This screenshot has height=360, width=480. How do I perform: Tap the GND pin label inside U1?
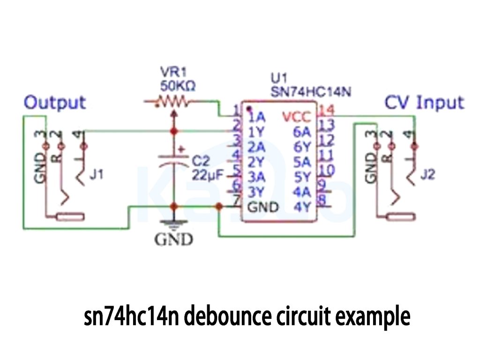pyautogui.click(x=263, y=207)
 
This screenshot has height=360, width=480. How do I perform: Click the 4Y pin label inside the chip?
pyautogui.click(x=302, y=207)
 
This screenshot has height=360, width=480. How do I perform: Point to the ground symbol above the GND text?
pyautogui.click(x=174, y=225)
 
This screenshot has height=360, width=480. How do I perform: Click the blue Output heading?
pyautogui.click(x=55, y=102)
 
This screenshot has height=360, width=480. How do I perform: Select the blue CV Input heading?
pyautogui.click(x=424, y=102)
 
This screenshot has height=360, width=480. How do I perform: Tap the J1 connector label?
pyautogui.click(x=97, y=175)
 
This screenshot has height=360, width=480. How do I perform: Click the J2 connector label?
pyautogui.click(x=427, y=175)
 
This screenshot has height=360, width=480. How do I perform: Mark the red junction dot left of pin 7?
pyautogui.click(x=218, y=206)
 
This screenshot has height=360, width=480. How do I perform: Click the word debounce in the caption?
pyautogui.click(x=227, y=317)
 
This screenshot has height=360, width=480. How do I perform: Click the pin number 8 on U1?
pyautogui.click(x=322, y=200)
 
